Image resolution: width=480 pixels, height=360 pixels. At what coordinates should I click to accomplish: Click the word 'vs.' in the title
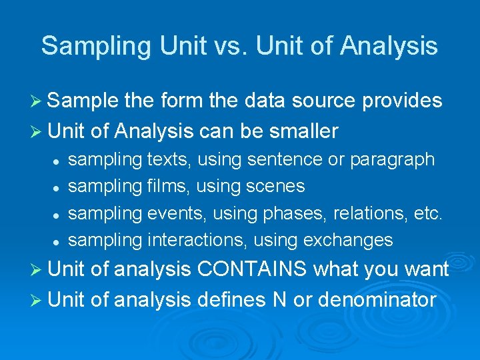[x=235, y=45]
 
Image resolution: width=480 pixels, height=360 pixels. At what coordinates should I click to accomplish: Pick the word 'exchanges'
[x=348, y=240]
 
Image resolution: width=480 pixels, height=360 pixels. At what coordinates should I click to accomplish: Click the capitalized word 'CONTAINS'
[x=253, y=270]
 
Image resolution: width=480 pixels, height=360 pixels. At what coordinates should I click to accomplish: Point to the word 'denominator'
[x=377, y=300]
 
